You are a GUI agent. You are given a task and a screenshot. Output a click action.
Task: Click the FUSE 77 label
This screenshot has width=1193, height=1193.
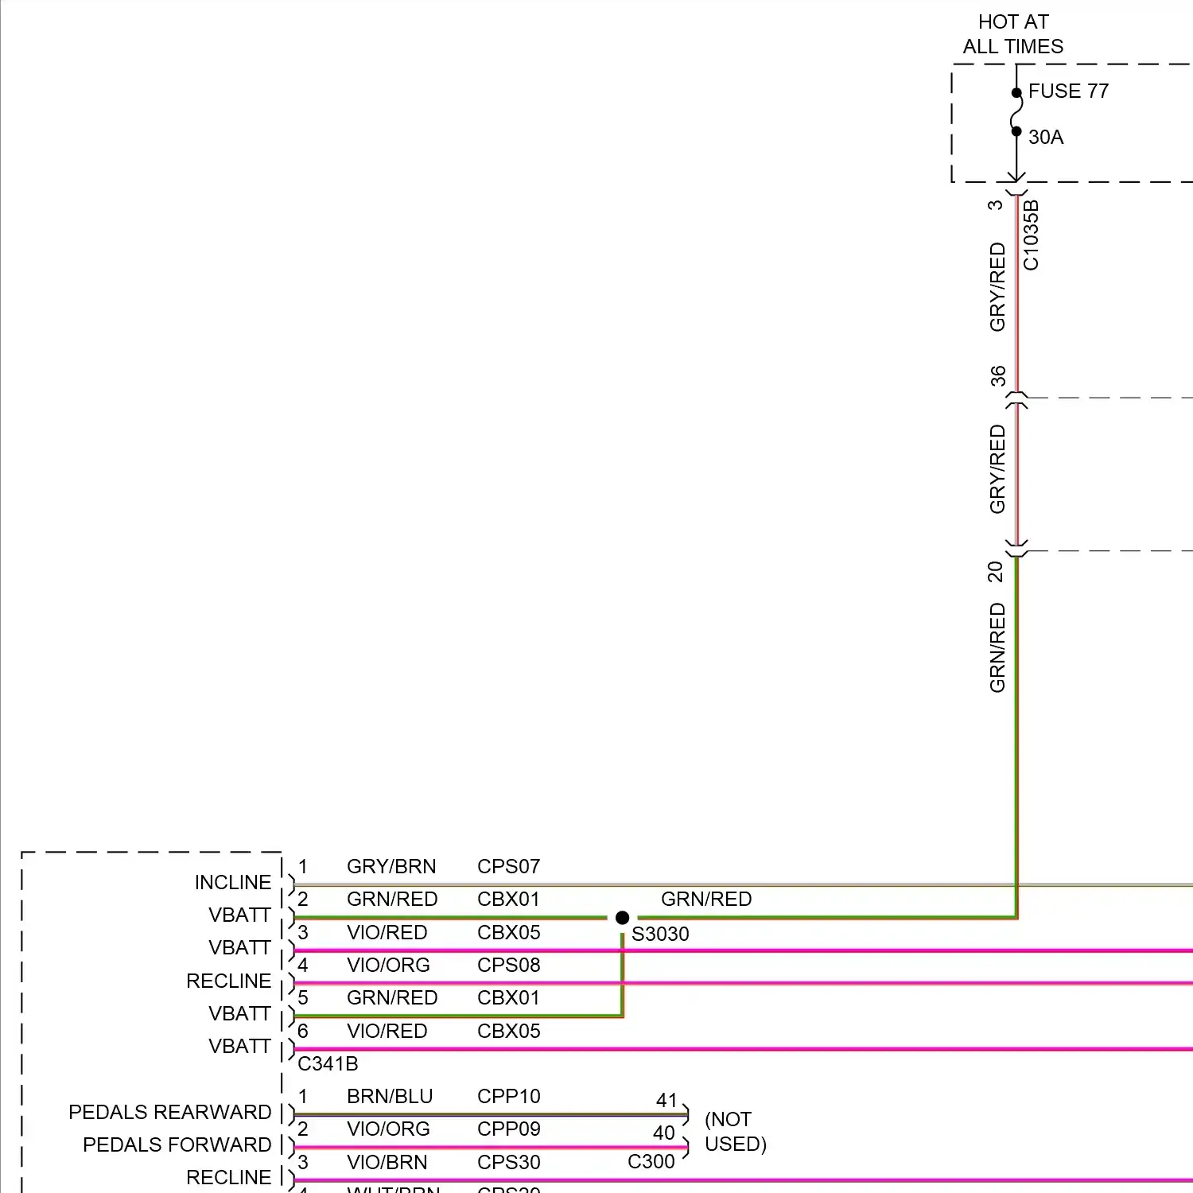pyautogui.click(x=1067, y=91)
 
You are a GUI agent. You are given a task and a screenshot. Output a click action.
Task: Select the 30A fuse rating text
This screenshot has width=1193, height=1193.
pyautogui.click(x=1045, y=138)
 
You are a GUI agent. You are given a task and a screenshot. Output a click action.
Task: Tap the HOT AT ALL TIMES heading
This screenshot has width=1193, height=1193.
pyautogui.click(x=1012, y=34)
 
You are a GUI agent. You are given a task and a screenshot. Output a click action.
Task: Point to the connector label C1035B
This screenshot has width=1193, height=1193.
pyautogui.click(x=1031, y=235)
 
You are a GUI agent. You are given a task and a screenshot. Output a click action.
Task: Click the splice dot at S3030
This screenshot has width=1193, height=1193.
pyautogui.click(x=623, y=918)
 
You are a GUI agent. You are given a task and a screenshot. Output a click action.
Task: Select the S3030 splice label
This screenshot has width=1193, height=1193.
pyautogui.click(x=660, y=935)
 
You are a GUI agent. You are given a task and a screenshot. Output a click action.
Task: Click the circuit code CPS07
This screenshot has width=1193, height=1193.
pyautogui.click(x=508, y=866)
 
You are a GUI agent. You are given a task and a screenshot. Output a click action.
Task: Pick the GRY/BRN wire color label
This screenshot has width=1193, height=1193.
pyautogui.click(x=391, y=866)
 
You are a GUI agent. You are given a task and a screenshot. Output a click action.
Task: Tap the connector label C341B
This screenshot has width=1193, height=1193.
pyautogui.click(x=328, y=1064)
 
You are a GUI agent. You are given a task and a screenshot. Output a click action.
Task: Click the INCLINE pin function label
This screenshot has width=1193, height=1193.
pyautogui.click(x=233, y=883)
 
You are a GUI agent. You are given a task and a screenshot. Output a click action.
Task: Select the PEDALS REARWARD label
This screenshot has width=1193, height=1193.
pyautogui.click(x=170, y=1112)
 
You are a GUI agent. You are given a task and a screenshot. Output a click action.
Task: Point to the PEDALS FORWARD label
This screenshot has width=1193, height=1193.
pyautogui.click(x=177, y=1144)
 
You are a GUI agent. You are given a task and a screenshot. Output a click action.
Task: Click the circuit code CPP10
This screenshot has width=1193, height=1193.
pyautogui.click(x=508, y=1096)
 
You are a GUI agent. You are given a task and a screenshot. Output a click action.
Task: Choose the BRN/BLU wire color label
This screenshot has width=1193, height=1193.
pyautogui.click(x=390, y=1096)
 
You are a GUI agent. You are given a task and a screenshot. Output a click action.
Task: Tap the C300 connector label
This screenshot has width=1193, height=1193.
pyautogui.click(x=651, y=1162)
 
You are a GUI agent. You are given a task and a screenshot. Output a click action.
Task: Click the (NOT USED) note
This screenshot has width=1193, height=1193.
pyautogui.click(x=735, y=1132)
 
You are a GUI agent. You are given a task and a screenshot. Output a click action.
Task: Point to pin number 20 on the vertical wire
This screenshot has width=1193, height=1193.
pyautogui.click(x=996, y=572)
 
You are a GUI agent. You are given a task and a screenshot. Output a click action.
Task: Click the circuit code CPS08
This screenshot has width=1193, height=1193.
pyautogui.click(x=508, y=965)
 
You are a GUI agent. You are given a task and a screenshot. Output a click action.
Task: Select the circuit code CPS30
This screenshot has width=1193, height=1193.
pyautogui.click(x=508, y=1162)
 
